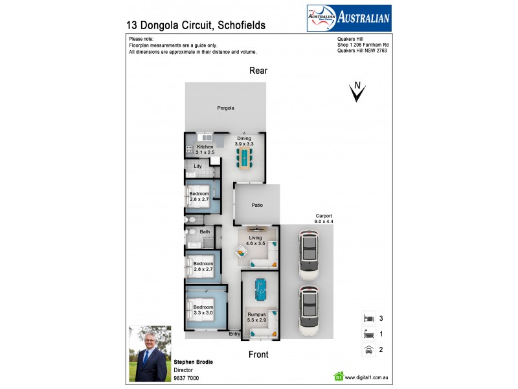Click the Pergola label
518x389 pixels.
225,108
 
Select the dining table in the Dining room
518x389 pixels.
244,157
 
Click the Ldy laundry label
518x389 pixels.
198,167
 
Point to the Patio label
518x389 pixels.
257,206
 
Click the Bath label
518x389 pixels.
205,231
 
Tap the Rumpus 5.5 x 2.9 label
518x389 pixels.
257,319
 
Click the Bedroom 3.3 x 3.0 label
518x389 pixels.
203,310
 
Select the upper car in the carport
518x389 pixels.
310,254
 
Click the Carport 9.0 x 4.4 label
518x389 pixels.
324,218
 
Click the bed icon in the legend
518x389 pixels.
368,318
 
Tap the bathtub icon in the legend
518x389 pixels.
368,335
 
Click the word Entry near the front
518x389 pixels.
234,334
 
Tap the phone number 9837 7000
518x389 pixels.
186,378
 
